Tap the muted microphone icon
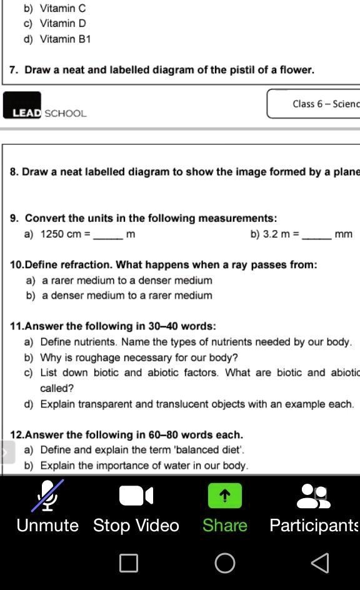47,496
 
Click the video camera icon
136,496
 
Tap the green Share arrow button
225,496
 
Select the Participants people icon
313,496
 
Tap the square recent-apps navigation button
129,563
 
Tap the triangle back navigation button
320,563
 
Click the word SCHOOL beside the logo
66,113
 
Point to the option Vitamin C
62,8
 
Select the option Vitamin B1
66,39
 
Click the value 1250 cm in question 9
61,234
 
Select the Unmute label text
47,526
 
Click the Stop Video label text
136,526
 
